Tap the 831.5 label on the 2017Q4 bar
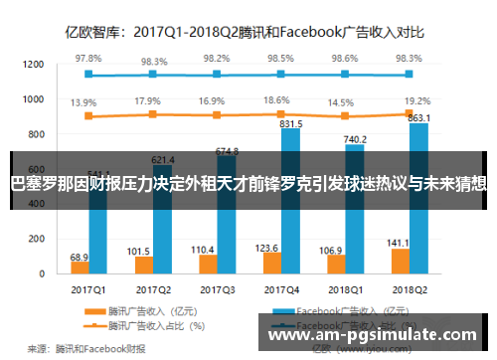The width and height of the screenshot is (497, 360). point(292,125)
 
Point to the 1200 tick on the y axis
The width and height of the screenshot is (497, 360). point(34,65)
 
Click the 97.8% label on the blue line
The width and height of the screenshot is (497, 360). point(88,60)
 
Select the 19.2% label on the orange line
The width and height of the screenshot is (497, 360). point(417,100)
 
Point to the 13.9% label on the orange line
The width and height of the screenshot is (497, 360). point(84,102)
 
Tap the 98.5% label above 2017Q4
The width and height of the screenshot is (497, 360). point(281,60)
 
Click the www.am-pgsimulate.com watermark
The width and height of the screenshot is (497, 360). point(380,336)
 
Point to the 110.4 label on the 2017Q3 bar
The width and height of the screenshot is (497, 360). point(203,221)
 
